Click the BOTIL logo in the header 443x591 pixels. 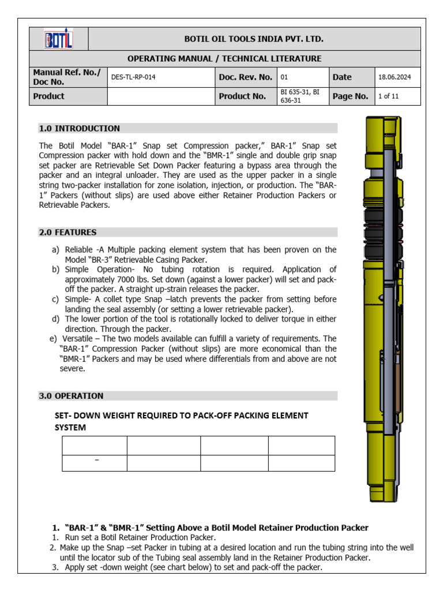point(59,39)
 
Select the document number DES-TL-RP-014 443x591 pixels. point(133,77)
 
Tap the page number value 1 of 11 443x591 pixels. point(388,96)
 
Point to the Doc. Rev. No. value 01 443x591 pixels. point(284,77)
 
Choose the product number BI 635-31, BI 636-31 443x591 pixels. point(300,96)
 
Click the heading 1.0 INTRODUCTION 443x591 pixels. point(80,129)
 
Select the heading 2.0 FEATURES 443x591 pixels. point(68,233)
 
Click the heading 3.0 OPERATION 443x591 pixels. point(72,396)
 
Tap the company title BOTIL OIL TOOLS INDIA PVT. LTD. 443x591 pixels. point(254,39)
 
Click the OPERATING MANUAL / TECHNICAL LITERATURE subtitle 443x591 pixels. point(224,59)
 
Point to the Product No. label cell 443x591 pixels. point(242,96)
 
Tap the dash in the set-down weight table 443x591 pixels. point(96,459)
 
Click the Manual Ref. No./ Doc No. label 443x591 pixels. point(67,77)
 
